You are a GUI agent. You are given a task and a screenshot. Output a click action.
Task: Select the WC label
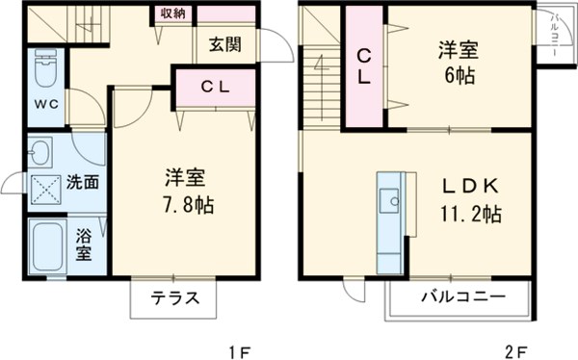(x=46, y=103)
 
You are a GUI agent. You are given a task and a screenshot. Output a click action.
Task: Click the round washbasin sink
(x=40, y=152)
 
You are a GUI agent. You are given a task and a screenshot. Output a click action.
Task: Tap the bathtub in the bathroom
(x=45, y=247)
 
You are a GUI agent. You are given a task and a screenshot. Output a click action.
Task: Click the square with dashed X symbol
(x=44, y=189)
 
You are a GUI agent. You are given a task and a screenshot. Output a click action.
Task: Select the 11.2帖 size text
(x=470, y=215)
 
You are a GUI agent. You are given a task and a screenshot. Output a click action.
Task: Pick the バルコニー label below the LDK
(x=461, y=298)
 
